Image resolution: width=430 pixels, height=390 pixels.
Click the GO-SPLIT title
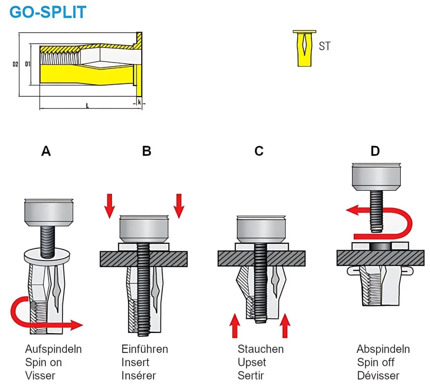(48, 12)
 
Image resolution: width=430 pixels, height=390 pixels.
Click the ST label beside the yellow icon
(324, 46)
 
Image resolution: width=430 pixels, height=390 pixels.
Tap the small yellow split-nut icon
(304, 48)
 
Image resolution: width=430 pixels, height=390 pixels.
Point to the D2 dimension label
(15, 65)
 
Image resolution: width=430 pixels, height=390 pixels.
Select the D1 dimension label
(27, 64)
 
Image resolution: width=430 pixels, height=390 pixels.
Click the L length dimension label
(87, 106)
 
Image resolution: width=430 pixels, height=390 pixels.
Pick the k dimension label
(139, 102)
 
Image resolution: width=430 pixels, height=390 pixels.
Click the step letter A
(46, 151)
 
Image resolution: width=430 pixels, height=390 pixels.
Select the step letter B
(147, 151)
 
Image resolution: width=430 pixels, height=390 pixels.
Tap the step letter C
(259, 151)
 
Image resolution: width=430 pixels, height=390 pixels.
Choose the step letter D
(375, 151)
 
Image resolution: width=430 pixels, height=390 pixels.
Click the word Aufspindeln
(53, 349)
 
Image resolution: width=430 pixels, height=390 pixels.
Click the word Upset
(252, 362)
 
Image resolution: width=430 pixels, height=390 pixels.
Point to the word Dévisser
(378, 375)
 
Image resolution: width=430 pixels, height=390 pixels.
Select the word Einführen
(145, 349)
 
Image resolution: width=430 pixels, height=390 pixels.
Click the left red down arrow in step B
(110, 206)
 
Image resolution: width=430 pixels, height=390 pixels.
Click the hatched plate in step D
(380, 258)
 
